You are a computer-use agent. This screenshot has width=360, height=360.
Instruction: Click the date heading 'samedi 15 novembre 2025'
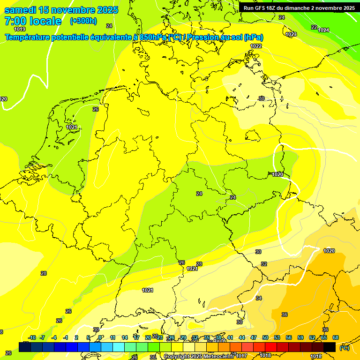click(x=61, y=10)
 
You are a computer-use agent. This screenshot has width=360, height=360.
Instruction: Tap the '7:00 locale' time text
click(x=33, y=21)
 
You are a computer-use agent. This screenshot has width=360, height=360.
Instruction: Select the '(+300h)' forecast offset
click(x=83, y=21)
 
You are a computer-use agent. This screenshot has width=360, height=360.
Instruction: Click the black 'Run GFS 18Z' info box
click(x=299, y=7)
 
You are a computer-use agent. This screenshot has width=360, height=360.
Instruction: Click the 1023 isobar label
click(x=291, y=34)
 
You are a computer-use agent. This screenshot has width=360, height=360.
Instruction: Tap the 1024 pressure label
click(x=323, y=30)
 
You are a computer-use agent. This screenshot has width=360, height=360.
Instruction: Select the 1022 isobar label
click(x=256, y=46)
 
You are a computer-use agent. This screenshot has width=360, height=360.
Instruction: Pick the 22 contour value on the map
click(x=314, y=27)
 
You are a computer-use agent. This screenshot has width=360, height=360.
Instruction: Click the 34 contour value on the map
click(x=259, y=298)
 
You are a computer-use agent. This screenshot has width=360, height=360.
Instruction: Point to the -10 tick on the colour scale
click(x=32, y=337)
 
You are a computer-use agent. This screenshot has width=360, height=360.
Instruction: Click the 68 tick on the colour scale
click(x=336, y=337)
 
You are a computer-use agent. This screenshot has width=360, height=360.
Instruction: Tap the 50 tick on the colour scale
click(x=265, y=337)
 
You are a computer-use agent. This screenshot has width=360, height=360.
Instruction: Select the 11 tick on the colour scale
click(x=113, y=337)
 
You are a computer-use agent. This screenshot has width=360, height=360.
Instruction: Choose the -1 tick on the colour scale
click(x=66, y=337)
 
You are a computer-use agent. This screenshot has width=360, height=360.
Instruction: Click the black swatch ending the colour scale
click(x=330, y=347)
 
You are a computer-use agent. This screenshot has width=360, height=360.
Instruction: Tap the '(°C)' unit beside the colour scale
click(x=345, y=347)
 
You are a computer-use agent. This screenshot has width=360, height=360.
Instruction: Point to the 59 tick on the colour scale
click(x=300, y=337)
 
